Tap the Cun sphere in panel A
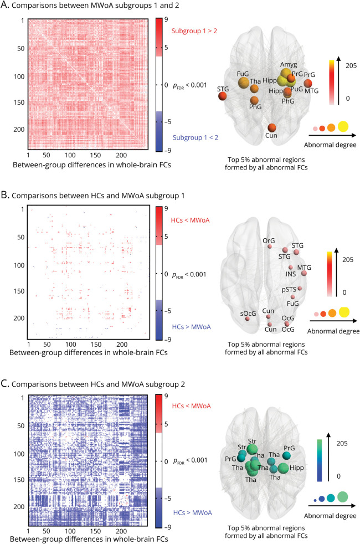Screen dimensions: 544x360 (x=272, y=129)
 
